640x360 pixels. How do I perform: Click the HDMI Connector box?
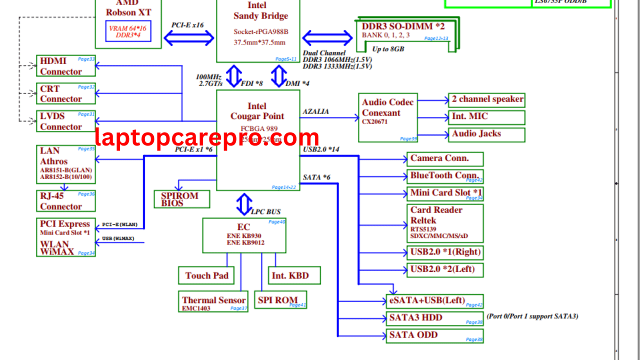point(66,66)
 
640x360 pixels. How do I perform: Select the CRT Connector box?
point(66,93)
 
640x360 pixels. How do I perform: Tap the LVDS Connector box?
point(66,121)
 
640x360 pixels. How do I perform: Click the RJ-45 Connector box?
point(66,201)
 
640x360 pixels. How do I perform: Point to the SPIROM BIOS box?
point(181,199)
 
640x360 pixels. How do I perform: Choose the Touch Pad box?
point(206,275)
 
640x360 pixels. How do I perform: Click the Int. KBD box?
point(294,275)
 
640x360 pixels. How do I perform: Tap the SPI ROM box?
point(280,300)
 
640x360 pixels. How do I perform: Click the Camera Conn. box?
point(445,159)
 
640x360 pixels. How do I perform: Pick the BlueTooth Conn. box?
point(445,176)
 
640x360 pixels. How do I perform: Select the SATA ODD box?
point(434,335)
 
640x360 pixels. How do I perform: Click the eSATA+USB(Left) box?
point(434,301)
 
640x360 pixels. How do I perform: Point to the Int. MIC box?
point(486,117)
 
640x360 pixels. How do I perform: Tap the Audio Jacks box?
point(486,134)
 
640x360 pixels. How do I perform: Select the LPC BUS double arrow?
point(244,204)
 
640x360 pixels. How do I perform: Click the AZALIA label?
point(315,112)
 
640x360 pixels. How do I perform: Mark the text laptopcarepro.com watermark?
point(207,137)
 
